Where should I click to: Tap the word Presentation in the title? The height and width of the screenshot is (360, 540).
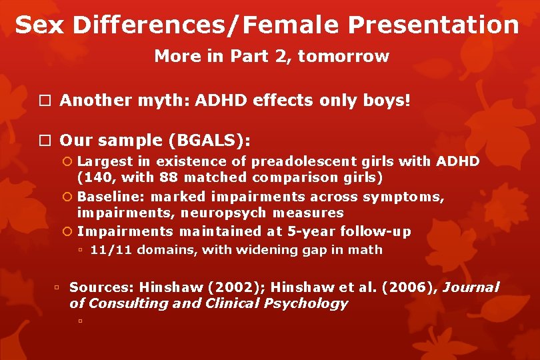click(x=433, y=25)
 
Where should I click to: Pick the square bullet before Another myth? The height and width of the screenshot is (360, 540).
click(x=44, y=101)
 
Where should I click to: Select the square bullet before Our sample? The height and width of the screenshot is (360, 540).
click(x=44, y=141)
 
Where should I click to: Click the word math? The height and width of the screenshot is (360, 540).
click(x=369, y=250)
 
